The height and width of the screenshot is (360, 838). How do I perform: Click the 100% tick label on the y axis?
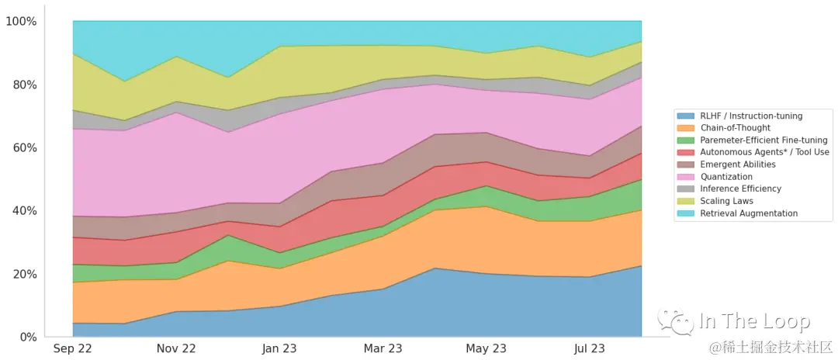pos(21,21)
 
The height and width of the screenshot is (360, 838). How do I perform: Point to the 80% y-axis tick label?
pos(23,85)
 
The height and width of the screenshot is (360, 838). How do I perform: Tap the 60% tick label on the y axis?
pos(23,147)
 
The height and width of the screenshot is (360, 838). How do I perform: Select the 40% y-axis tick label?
pos(23,211)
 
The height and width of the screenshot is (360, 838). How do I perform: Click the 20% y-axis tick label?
pos(23,274)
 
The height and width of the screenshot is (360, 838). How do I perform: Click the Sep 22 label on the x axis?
pos(72,349)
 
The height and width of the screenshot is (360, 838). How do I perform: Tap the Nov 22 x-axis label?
pos(176,349)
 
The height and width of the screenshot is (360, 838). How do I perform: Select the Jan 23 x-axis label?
pos(279,349)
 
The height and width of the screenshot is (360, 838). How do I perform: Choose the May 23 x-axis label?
pos(486,349)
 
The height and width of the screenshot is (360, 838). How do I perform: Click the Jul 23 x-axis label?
pos(589,349)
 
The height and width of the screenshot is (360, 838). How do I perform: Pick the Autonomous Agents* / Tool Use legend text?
pos(764,152)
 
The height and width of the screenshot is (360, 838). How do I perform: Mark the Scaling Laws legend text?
pos(726,201)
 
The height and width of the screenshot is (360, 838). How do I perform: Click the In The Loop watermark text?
pos(754,321)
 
